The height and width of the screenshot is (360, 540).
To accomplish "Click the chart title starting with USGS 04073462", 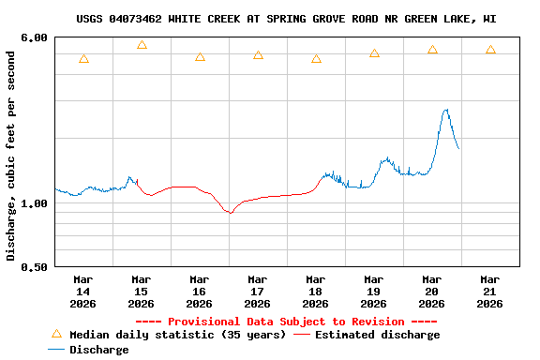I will (x=286, y=19).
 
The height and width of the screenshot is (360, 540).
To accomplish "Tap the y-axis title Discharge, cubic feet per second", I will (x=11, y=156).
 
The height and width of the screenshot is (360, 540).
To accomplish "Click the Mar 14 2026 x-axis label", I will (x=82, y=292).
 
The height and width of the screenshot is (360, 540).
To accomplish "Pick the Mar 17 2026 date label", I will (x=257, y=292).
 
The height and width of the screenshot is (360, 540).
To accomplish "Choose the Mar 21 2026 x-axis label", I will (x=489, y=292).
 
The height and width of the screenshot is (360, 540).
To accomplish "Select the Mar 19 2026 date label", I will (x=373, y=292).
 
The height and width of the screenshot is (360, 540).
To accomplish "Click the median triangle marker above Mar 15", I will (x=142, y=45).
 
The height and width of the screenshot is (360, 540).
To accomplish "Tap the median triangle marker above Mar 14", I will (x=83, y=59).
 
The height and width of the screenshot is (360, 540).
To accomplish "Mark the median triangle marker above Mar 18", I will (x=316, y=59).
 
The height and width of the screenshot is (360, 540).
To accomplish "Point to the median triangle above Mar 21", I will (x=490, y=50).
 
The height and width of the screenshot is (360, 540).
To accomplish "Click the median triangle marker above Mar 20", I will (x=432, y=50).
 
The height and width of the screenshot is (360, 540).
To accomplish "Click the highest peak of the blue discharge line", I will (x=446, y=110).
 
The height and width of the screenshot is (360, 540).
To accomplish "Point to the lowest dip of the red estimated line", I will (x=229, y=213).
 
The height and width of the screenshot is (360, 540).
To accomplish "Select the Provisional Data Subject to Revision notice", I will (x=286, y=322).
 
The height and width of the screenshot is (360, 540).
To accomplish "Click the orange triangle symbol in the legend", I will (x=56, y=334).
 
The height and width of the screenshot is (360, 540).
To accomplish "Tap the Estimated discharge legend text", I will (x=377, y=335).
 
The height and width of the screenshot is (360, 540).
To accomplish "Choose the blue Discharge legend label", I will (x=98, y=350).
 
